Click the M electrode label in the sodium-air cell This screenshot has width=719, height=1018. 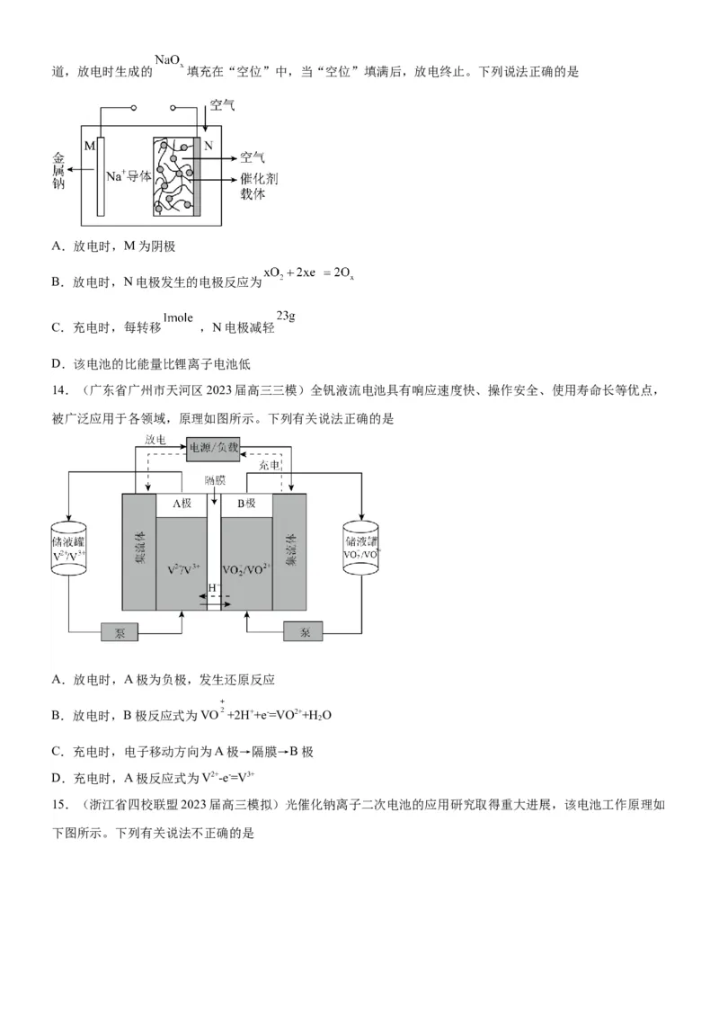pyautogui.click(x=89, y=146)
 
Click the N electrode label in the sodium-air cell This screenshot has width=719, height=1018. pyautogui.click(x=209, y=146)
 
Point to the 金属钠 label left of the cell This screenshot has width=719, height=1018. pyautogui.click(x=58, y=170)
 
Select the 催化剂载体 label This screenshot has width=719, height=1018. pyautogui.click(x=259, y=186)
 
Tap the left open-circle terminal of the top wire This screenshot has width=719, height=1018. pyautogui.click(x=134, y=108)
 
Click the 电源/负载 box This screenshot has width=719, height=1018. pyautogui.click(x=214, y=447)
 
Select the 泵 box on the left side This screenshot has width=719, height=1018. pyautogui.click(x=120, y=632)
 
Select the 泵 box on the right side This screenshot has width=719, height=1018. pyautogui.click(x=306, y=632)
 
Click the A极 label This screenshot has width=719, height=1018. pyautogui.click(x=182, y=504)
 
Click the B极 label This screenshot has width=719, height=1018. pyautogui.click(x=246, y=504)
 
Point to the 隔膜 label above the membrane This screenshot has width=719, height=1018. pyautogui.click(x=214, y=481)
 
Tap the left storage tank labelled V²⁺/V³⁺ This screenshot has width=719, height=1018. pyautogui.click(x=69, y=548)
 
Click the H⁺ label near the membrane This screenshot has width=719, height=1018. pyautogui.click(x=213, y=587)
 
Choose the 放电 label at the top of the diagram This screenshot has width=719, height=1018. pyautogui.click(x=155, y=440)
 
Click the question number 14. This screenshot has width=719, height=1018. pyautogui.click(x=59, y=390)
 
